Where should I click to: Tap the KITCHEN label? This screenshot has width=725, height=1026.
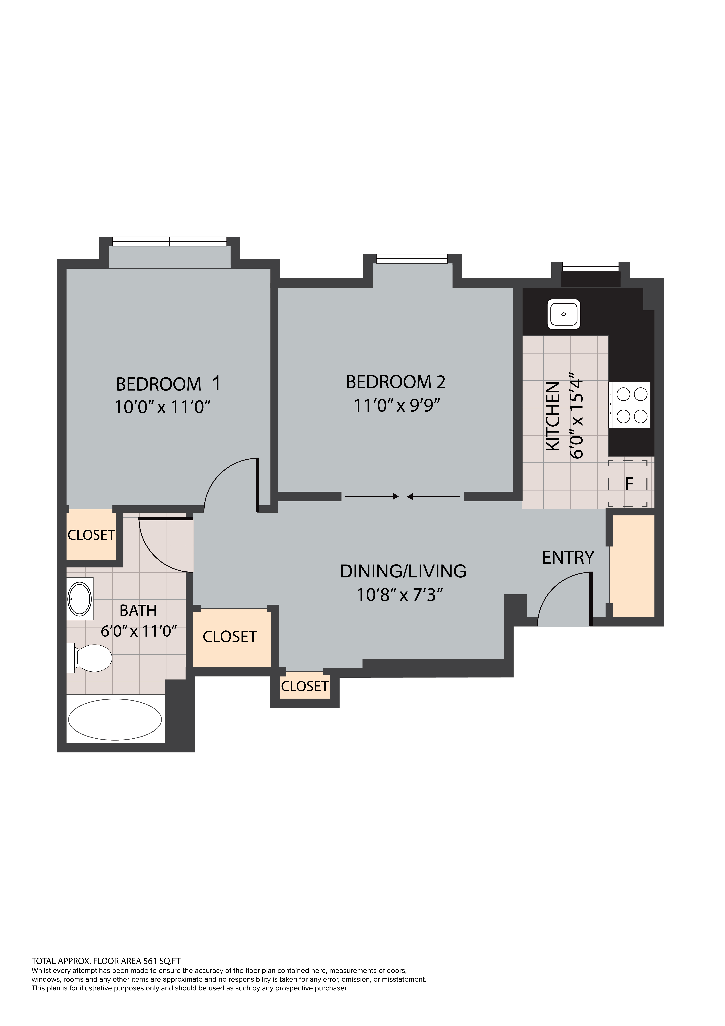553,416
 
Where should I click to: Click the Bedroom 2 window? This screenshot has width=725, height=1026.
412,258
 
